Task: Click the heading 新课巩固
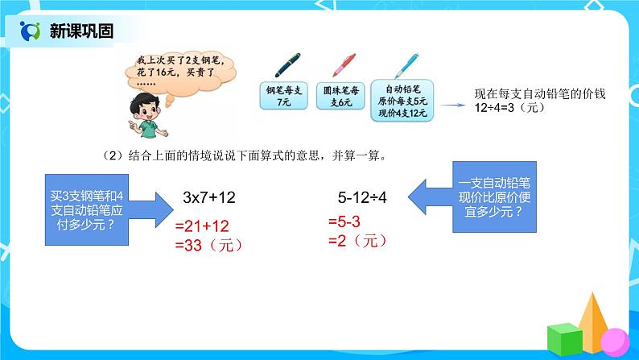pos(80,31)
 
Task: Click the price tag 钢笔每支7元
pos(282,97)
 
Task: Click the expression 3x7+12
pos(209,197)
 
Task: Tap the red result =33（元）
pos(208,246)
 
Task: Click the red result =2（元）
pos(352,240)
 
